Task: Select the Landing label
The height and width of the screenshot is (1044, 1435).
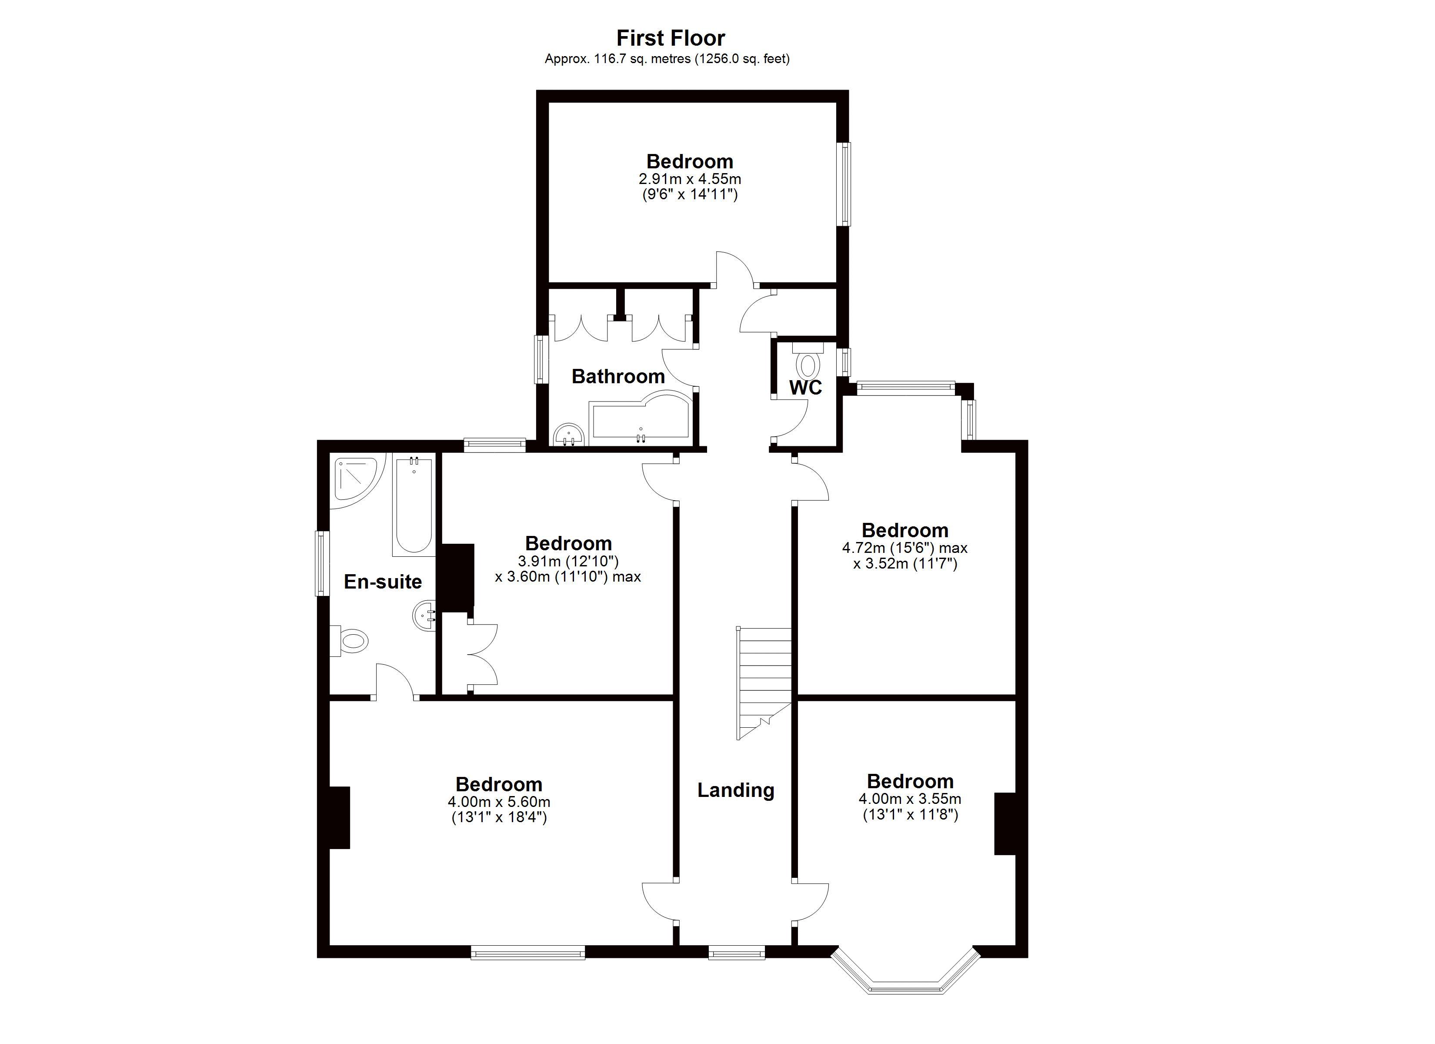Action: [x=735, y=790]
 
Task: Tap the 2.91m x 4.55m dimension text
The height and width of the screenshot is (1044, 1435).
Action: [x=689, y=179]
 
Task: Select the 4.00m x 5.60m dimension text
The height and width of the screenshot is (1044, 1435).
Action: [x=499, y=802]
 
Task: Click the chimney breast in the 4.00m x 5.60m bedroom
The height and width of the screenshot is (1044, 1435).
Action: [x=339, y=817]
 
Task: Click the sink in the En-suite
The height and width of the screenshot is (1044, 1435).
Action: [x=424, y=615]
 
